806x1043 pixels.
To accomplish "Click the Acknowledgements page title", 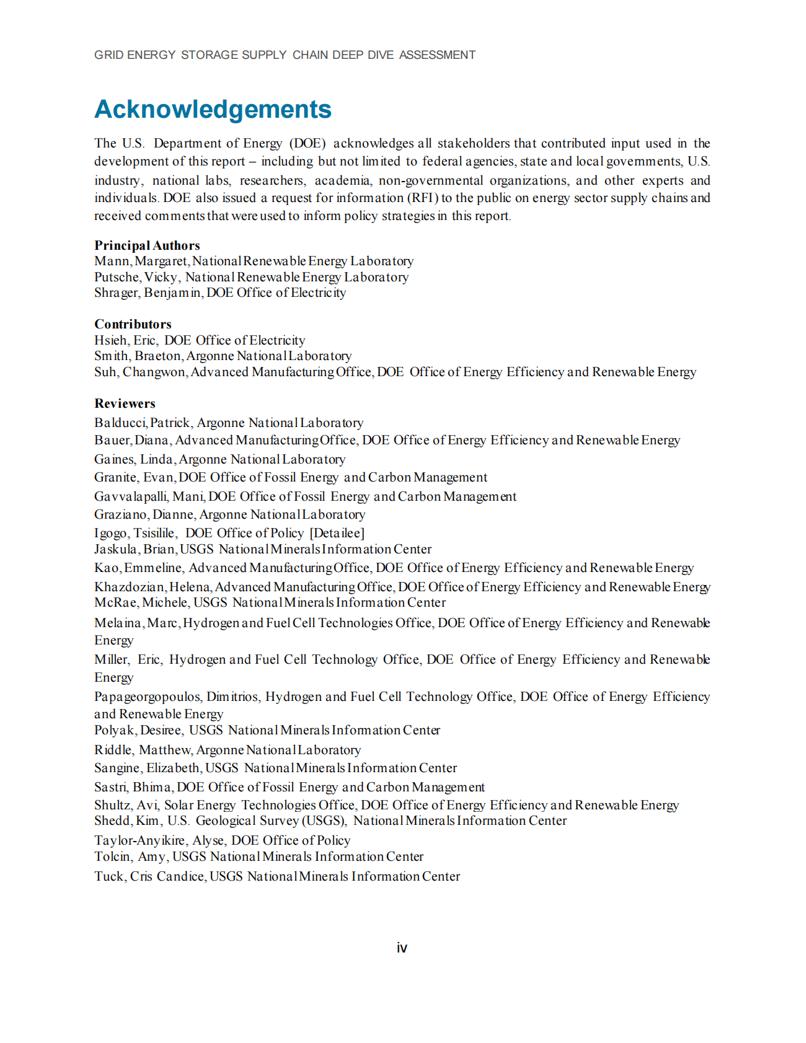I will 213,110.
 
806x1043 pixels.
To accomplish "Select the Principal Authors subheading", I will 147,245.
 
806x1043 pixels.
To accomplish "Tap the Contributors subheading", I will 133,324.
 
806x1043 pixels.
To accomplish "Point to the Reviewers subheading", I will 125,403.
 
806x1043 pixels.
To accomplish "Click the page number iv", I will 402,948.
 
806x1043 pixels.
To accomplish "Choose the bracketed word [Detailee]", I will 337,533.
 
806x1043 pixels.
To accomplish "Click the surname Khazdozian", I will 130,587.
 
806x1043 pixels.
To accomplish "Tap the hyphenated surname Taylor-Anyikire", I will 139,840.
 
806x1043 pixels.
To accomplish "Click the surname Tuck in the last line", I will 109,876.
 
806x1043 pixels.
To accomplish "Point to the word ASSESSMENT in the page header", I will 437,55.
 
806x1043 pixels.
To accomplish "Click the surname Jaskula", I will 115,549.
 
